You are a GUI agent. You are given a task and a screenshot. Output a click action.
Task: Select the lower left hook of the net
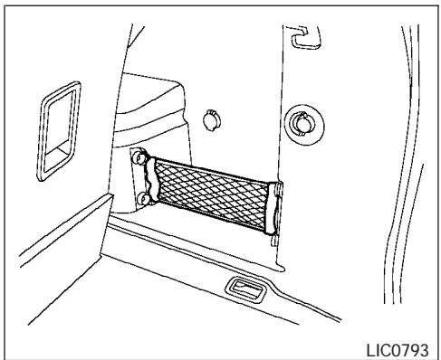(x=145, y=198)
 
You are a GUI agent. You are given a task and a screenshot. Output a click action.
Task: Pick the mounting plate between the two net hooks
(x=138, y=178)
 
